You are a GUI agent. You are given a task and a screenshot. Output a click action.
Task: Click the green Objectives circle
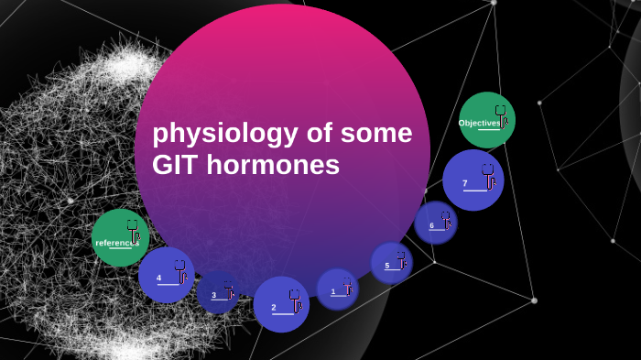pos(486,120)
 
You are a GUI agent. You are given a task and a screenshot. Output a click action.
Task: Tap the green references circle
pos(120,238)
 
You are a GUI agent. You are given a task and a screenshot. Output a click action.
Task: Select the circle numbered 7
pos(473,180)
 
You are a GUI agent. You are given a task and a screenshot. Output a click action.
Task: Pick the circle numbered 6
pos(435,223)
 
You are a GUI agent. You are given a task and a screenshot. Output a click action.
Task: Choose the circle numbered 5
pos(391,263)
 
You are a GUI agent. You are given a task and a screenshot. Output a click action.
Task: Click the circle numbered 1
pos(337,289)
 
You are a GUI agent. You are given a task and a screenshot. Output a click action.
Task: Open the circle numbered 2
pos(281,303)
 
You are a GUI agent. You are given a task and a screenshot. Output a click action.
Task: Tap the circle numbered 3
pos(218,293)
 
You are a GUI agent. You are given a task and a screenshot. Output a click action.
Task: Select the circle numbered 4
pos(166,275)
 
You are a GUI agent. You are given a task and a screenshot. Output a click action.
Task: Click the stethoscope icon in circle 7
pos(488,174)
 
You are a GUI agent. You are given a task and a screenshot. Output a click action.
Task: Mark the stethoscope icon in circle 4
pos(180,270)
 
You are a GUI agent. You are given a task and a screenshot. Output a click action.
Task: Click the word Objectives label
pos(479,123)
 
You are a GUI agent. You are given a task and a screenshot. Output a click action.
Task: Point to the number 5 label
pos(387,266)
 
